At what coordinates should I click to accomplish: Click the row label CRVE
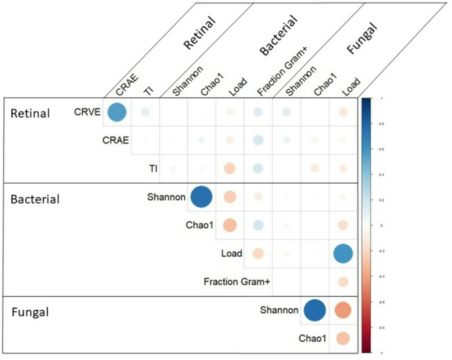[x=87, y=112]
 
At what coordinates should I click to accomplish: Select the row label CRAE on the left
[x=115, y=140]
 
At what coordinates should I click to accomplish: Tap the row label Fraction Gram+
[x=237, y=282]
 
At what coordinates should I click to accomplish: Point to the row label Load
[x=232, y=253]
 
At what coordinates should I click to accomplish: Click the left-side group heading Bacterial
[x=34, y=199]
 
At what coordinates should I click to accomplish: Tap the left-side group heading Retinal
[x=30, y=114]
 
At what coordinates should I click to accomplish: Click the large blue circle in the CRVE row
[x=116, y=113]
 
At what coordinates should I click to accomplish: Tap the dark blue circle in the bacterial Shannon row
[x=201, y=197]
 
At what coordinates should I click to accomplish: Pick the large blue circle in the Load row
[x=342, y=254]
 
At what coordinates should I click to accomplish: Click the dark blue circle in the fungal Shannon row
[x=314, y=310]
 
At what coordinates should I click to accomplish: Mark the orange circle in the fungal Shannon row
[x=342, y=310]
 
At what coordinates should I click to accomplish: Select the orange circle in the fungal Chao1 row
[x=342, y=339]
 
